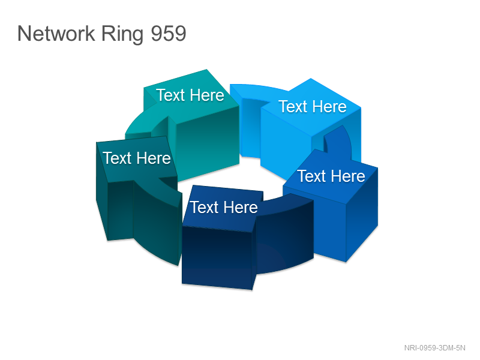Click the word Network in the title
click(x=56, y=33)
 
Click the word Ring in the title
click(x=122, y=34)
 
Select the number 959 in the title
click(x=169, y=34)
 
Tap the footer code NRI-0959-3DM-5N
click(x=434, y=348)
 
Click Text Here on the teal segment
click(x=190, y=95)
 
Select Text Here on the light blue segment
click(x=313, y=107)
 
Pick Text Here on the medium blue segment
click(x=331, y=176)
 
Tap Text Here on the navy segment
click(x=224, y=207)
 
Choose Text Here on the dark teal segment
click(x=137, y=158)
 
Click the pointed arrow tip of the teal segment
click(x=207, y=70)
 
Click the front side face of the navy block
click(x=217, y=257)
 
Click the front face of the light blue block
click(x=286, y=144)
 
